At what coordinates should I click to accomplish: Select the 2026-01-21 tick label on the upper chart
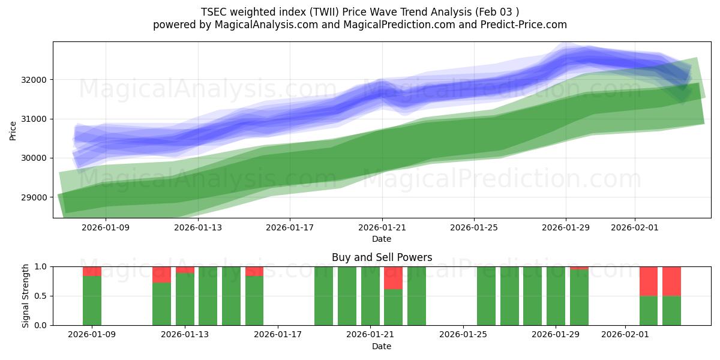pos(382,227)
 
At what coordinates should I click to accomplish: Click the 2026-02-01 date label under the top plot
pos(635,227)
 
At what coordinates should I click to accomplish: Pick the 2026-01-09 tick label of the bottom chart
pos(92,335)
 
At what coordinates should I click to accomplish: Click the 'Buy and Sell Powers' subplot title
pos(382,257)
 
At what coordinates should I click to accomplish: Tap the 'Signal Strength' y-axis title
pos(25,296)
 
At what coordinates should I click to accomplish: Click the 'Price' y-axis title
pos(13,130)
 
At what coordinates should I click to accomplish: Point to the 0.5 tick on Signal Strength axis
pos(41,296)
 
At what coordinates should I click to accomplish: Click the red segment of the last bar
pos(671,281)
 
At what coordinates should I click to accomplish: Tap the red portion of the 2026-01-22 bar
pos(393,278)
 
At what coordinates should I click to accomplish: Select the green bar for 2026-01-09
pos(92,300)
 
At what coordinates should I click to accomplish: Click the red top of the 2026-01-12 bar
pos(161,274)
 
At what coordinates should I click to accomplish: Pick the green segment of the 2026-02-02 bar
pos(649,310)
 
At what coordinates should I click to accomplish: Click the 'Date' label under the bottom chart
pos(382,346)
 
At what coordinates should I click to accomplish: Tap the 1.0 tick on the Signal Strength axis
pos(41,266)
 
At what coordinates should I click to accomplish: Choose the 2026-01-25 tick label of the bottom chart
pos(463,335)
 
